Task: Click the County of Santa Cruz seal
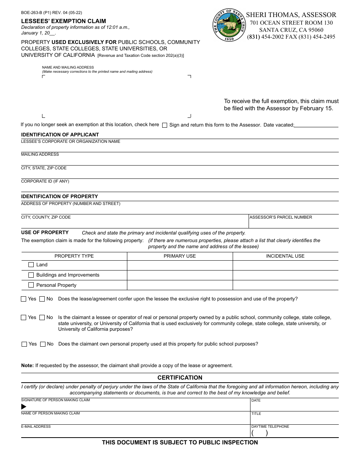[x=229, y=25]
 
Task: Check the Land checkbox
[x=31, y=265]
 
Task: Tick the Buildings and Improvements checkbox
[x=31, y=275]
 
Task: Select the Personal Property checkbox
[x=31, y=285]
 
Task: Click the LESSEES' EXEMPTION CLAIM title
[x=63, y=21]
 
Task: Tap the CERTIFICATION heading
[x=180, y=378]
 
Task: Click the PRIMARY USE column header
[x=180, y=256]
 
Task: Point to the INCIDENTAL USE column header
[x=285, y=256]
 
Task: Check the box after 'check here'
[x=164, y=125]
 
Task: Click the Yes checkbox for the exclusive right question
[x=23, y=299]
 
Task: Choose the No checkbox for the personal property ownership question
[x=43, y=344]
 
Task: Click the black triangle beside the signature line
[x=24, y=407]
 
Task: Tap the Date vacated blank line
[x=316, y=125]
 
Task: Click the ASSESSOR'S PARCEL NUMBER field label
[x=280, y=217]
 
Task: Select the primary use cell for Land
[x=180, y=265]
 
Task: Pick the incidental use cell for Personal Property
[x=285, y=285]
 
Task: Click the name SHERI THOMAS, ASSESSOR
[x=291, y=15]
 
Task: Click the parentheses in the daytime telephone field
[x=260, y=433]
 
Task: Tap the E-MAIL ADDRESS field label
[x=36, y=427]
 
